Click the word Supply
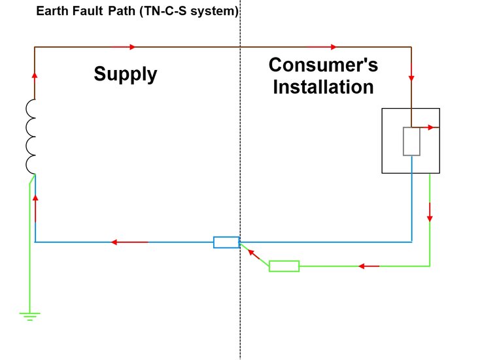point(126,74)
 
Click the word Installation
point(323,86)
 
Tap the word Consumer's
point(323,65)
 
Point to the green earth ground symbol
point(29,316)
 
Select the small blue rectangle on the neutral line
point(226,242)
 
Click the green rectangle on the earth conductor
point(284,266)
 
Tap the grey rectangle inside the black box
point(411,141)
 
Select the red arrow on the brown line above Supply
point(125,46)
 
